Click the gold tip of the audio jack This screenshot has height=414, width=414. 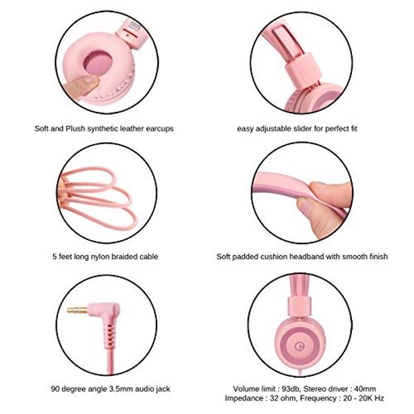(x=77, y=310)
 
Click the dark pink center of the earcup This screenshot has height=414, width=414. (x=98, y=63)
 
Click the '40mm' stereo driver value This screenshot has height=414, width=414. (x=365, y=388)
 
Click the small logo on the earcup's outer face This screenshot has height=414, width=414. (x=298, y=346)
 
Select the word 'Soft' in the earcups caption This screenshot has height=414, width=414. (x=41, y=128)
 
